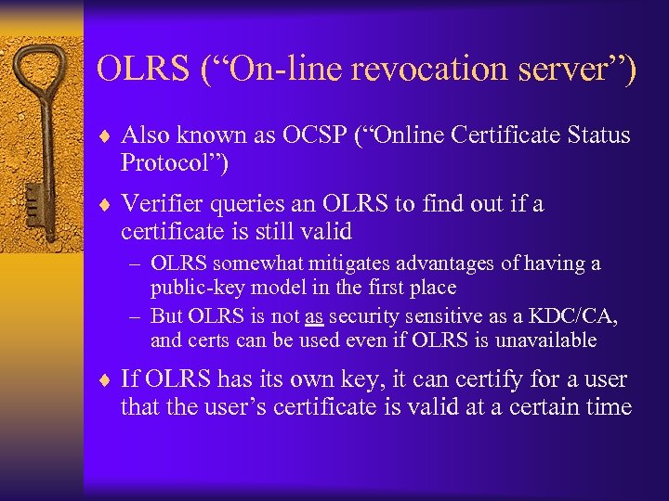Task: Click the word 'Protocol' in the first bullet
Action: (x=166, y=163)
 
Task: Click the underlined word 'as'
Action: (x=314, y=316)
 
